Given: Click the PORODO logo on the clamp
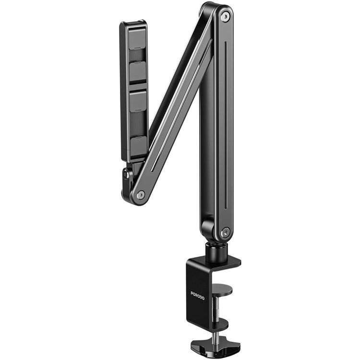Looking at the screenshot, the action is coord(197,296).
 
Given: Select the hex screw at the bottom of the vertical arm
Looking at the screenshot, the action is coord(226,232).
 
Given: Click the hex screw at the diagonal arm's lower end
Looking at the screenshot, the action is coord(141,195).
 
